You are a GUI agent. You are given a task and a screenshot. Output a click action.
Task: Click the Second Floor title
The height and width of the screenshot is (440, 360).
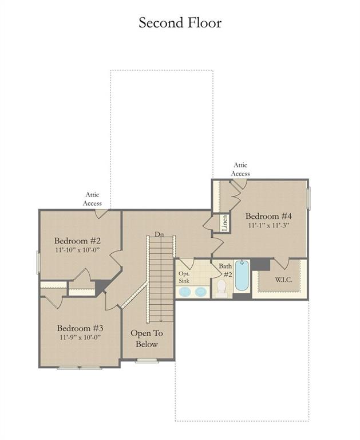(180, 23)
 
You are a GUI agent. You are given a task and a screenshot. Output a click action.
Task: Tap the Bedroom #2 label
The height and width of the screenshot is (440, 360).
(77, 241)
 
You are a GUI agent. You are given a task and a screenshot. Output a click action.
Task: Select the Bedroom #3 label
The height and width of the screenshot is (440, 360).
(80, 328)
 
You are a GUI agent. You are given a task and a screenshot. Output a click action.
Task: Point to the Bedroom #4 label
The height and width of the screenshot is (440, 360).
(268, 216)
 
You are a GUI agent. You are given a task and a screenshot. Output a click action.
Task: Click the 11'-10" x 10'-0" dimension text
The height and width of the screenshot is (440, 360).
(77, 250)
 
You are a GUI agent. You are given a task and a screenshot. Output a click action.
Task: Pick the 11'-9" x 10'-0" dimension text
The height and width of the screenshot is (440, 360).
(80, 337)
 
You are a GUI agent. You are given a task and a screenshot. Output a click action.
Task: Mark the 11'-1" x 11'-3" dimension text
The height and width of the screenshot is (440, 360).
(268, 225)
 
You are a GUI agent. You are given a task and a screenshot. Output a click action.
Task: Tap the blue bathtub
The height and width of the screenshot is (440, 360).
(242, 275)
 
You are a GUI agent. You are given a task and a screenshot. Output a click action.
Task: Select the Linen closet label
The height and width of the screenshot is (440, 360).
(224, 223)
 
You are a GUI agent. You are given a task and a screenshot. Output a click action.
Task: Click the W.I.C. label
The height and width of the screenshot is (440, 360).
(283, 280)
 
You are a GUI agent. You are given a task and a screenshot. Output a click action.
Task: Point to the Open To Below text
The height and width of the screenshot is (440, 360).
(147, 339)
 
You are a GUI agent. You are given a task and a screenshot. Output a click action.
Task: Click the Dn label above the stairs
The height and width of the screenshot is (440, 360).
(159, 234)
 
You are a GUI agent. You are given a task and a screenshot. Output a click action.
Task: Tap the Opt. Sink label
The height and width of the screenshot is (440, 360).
(184, 277)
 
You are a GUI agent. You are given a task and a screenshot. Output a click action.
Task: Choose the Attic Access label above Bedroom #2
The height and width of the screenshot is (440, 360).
(92, 199)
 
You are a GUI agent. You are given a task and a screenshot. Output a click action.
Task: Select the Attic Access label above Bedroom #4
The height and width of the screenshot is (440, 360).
(240, 169)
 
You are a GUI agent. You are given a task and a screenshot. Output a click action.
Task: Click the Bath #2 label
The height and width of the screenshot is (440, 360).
(226, 270)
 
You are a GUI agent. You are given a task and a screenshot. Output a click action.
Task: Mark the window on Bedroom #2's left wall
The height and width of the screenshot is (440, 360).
(38, 262)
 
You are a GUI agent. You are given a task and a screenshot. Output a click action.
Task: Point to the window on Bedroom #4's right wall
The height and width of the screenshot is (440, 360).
(308, 198)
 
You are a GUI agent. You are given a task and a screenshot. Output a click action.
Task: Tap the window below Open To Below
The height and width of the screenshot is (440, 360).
(147, 360)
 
